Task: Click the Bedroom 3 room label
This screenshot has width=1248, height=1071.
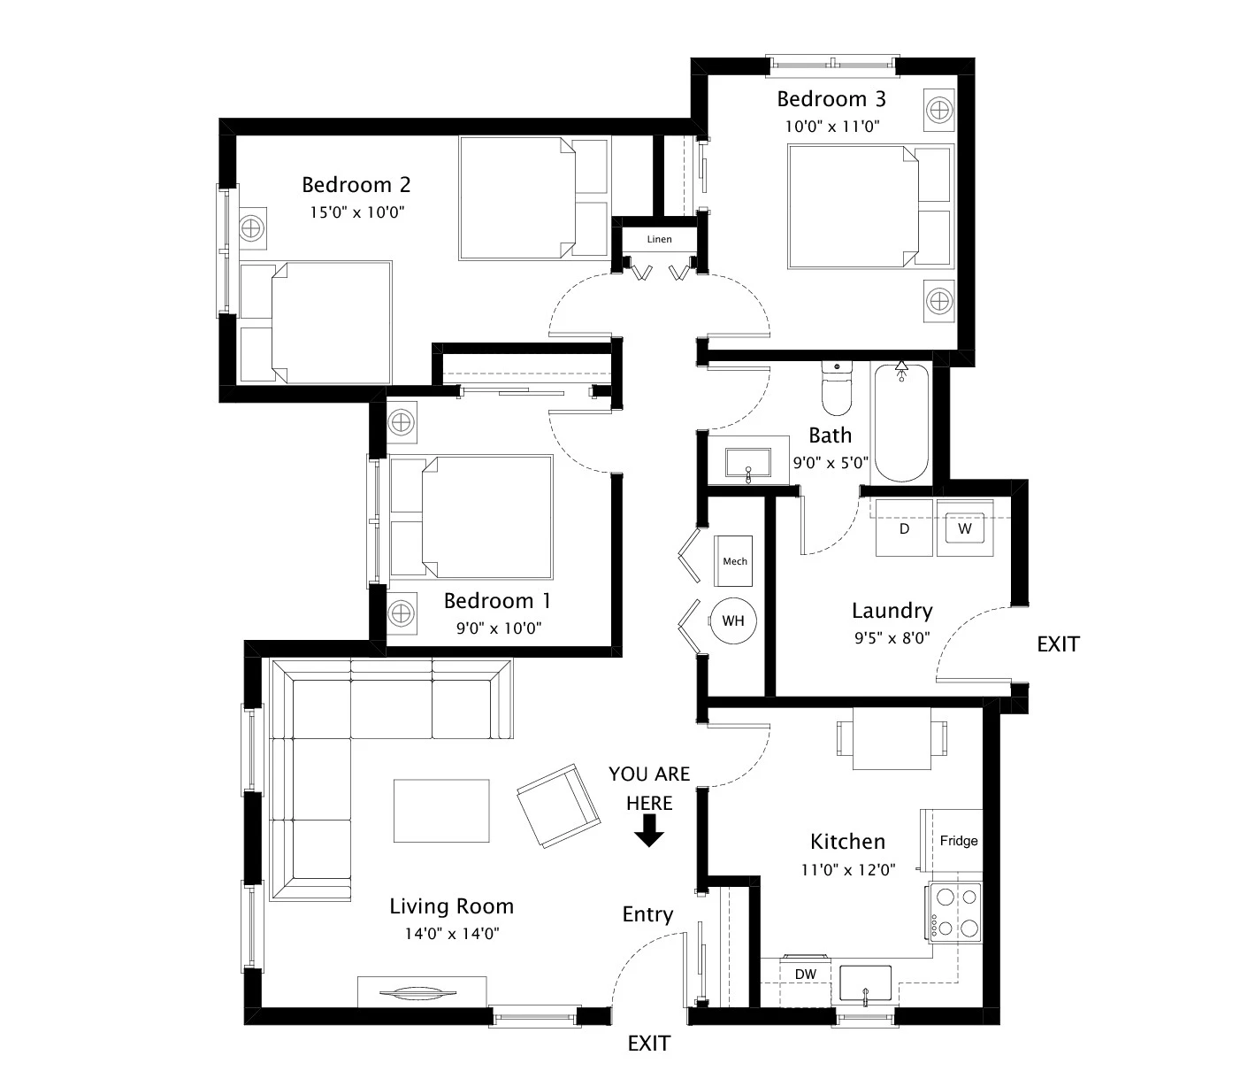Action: [x=831, y=98]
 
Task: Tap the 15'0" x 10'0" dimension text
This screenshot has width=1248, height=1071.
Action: [x=357, y=212]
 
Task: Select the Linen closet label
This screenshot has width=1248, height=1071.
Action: [x=659, y=239]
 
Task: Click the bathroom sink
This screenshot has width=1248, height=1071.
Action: [x=748, y=463]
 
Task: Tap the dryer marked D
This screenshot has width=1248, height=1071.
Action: [x=904, y=528]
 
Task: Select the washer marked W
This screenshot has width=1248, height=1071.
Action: [x=965, y=528]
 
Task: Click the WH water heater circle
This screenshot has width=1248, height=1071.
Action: [x=732, y=620]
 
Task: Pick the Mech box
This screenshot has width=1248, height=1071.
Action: [x=734, y=561]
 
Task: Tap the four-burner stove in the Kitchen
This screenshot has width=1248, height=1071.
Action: [x=955, y=913]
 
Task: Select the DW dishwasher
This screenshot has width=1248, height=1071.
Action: [x=805, y=975]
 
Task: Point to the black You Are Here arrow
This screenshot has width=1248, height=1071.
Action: [x=649, y=831]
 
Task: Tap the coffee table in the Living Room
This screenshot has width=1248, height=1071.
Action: [x=441, y=811]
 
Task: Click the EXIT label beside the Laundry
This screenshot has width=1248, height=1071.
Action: [x=1058, y=644]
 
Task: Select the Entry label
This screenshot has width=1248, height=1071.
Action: [x=647, y=914]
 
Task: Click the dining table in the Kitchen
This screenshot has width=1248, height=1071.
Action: [x=891, y=738]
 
